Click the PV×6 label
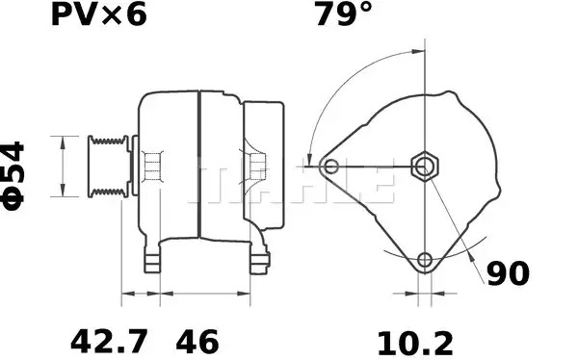(99, 14)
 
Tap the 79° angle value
(343, 14)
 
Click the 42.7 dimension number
(109, 342)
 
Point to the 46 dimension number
(197, 342)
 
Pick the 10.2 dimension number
(415, 344)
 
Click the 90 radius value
(508, 273)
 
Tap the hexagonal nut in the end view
(425, 167)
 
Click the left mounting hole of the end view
(330, 167)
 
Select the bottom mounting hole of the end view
(425, 260)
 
